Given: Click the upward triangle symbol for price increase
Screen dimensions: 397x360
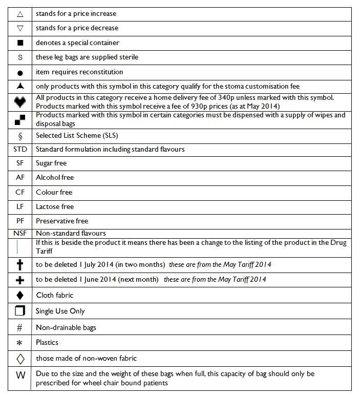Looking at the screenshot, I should click(20, 14).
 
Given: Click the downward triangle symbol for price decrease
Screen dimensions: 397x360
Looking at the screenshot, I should click(20, 29).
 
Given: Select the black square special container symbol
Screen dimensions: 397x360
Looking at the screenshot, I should click(20, 43).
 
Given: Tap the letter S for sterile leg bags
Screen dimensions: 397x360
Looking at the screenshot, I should click(20, 57).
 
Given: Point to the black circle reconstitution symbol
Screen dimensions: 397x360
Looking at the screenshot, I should click(20, 72).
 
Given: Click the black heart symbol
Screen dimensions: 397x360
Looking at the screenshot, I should click(20, 102).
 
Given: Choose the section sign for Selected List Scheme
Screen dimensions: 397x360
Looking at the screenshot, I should click(20, 136).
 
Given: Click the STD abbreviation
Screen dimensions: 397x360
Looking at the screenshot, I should click(20, 150).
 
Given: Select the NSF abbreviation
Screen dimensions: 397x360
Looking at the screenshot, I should click(20, 234).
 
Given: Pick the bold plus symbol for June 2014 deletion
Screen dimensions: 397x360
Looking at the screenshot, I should click(20, 280).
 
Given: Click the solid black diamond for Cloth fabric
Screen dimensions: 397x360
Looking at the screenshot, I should click(20, 296).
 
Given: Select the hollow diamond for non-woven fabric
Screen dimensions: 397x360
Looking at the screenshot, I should click(20, 358).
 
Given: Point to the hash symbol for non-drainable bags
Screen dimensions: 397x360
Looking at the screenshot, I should click(20, 327).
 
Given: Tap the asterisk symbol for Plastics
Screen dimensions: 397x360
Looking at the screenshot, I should click(20, 343).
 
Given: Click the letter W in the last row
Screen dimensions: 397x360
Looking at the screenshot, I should click(20, 375).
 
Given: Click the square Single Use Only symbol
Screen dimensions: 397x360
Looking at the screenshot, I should click(20, 311).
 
